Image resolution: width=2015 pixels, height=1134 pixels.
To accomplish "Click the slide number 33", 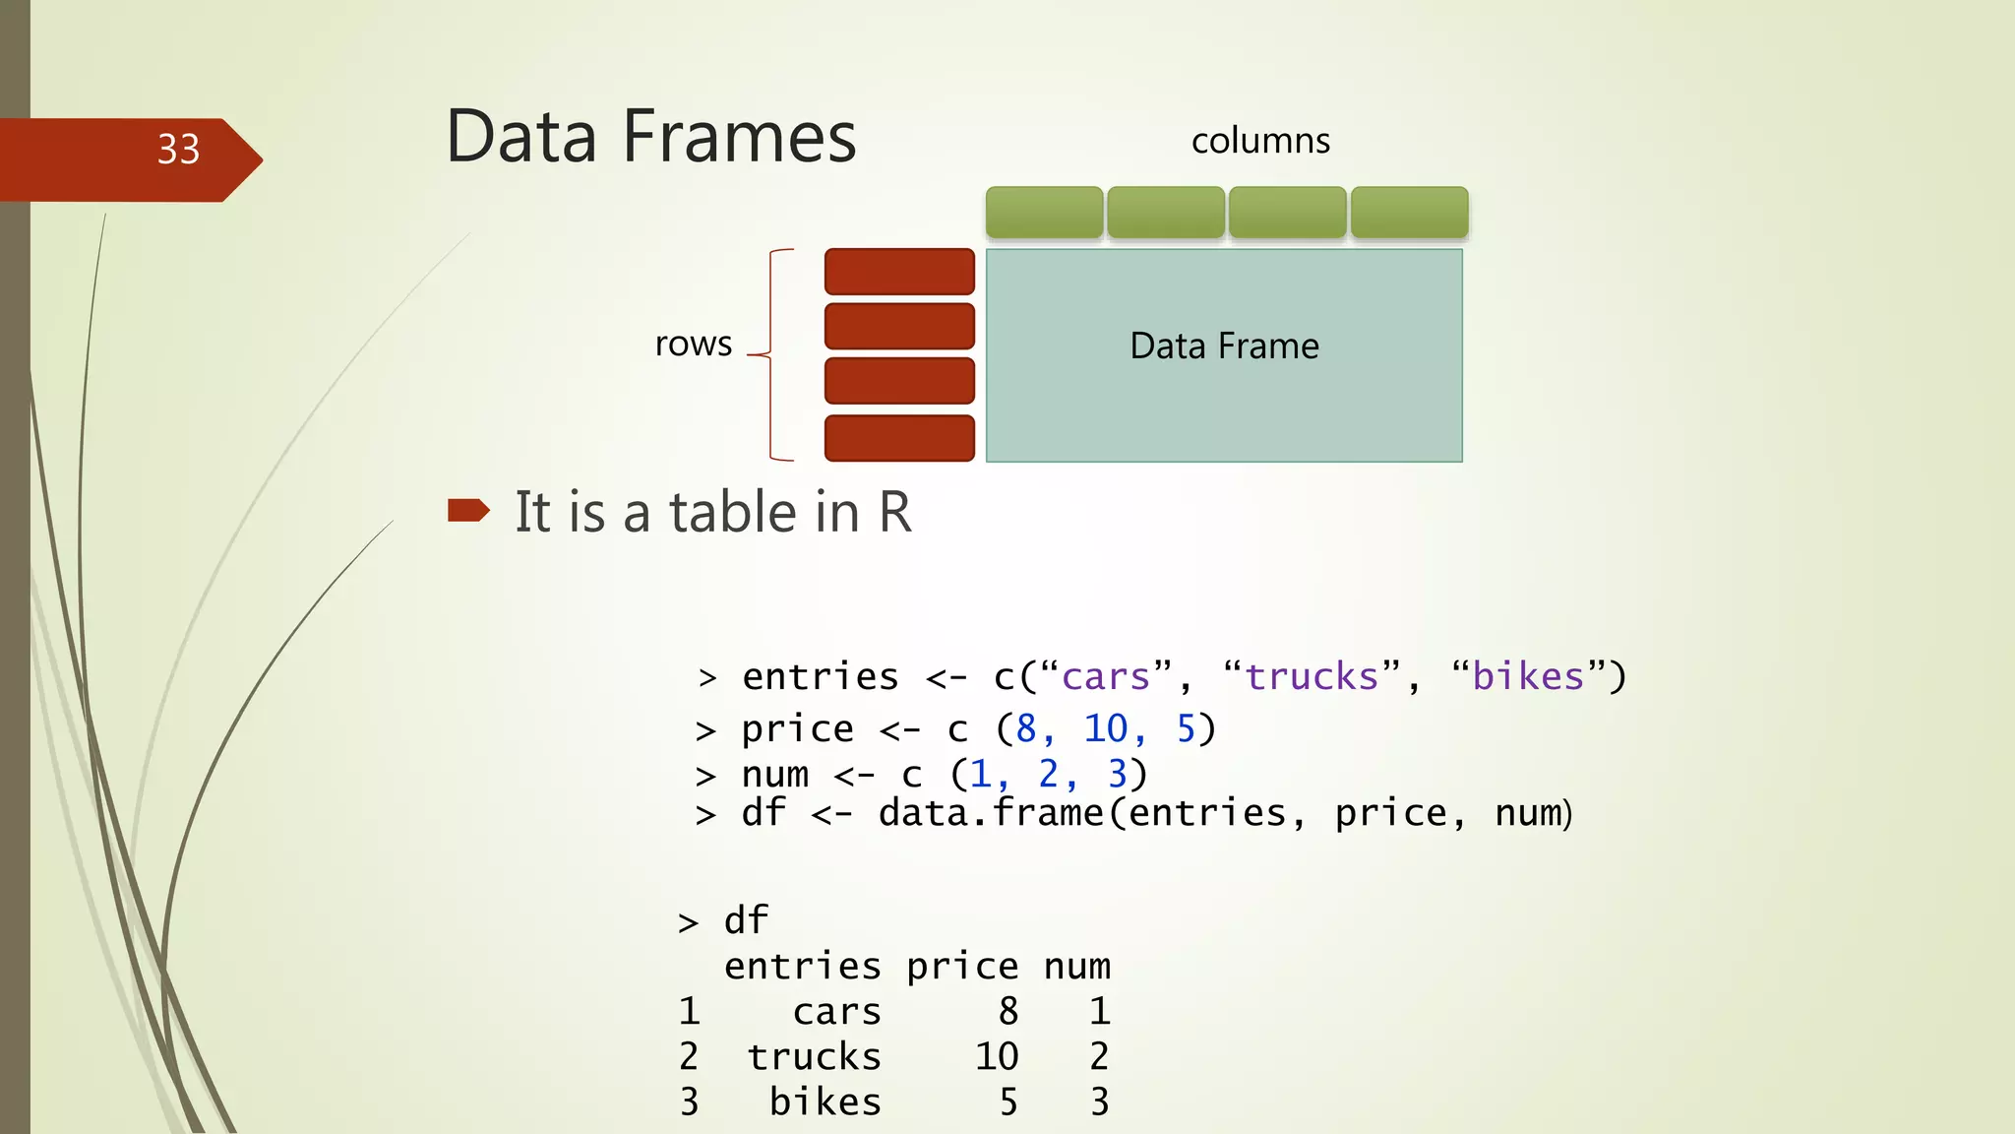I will [x=178, y=150].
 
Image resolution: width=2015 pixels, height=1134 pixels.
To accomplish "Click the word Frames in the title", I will [x=739, y=137].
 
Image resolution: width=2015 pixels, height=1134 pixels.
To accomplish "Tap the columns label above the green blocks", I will [x=1260, y=141].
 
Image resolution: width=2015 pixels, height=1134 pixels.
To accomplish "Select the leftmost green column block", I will [x=1044, y=212].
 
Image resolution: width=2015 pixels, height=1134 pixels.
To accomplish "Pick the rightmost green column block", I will [x=1409, y=212].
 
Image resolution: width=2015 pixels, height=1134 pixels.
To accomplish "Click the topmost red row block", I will [x=899, y=271].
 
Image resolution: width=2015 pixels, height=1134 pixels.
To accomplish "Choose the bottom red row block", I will [x=899, y=438].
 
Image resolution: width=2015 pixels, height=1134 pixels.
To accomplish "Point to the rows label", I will [x=694, y=344].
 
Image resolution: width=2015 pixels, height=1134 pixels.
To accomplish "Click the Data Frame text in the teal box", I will [x=1224, y=346].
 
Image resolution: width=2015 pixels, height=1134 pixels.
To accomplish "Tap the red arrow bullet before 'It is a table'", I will [x=468, y=510].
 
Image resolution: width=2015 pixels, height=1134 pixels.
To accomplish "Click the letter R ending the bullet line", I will [x=894, y=512].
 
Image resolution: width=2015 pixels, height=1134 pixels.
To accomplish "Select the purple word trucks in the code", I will [x=1313, y=677].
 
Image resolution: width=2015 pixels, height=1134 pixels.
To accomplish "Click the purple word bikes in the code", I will [x=1528, y=677].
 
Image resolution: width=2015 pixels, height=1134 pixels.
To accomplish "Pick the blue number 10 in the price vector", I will [x=1105, y=729].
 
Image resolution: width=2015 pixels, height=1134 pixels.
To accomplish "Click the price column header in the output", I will [x=962, y=967].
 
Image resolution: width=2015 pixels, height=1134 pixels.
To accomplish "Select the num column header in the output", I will [x=1077, y=967].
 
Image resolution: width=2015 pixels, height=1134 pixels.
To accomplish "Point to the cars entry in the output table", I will [x=836, y=1012].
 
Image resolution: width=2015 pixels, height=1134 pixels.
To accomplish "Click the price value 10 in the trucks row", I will [x=997, y=1057].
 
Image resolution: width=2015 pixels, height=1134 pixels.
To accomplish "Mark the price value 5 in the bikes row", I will [x=1008, y=1102].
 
